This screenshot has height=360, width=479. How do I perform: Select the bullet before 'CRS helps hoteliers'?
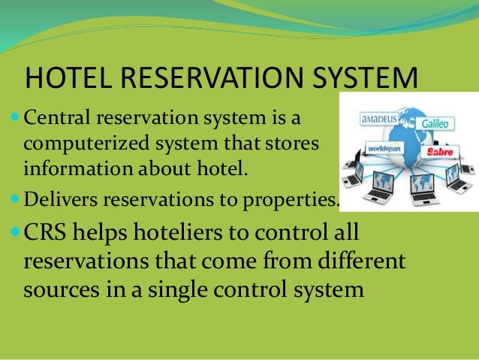17,234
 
